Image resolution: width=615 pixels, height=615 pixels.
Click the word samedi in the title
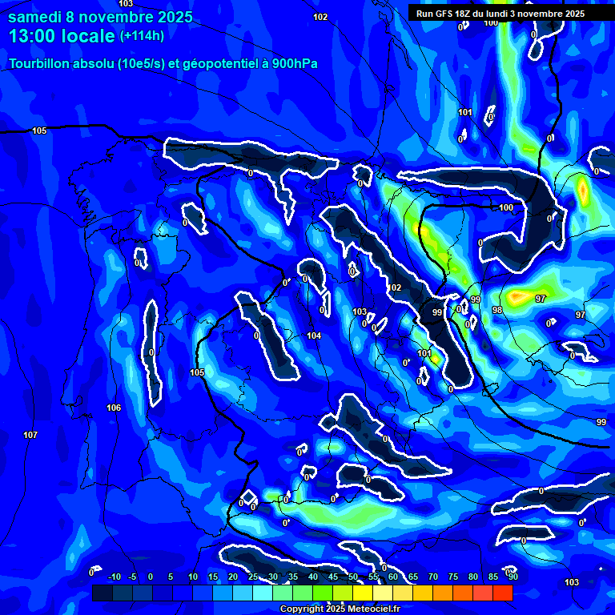(36, 17)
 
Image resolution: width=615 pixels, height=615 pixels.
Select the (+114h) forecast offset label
(142, 36)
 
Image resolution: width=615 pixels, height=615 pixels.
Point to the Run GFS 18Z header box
(500, 14)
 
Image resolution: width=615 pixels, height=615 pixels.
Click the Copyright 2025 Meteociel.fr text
(340, 609)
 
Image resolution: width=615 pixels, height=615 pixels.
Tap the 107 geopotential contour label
(30, 435)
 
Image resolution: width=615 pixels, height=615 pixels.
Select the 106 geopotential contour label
(114, 408)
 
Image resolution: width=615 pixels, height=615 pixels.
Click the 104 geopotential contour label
(314, 336)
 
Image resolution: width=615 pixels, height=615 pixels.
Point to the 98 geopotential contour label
(497, 310)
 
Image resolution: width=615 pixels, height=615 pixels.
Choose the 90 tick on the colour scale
(512, 577)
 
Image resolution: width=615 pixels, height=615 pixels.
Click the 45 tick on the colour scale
(332, 577)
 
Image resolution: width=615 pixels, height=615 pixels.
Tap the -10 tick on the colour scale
(114, 577)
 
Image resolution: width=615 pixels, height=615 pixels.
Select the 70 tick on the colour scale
(432, 577)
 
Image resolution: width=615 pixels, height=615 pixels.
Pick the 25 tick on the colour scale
(252, 577)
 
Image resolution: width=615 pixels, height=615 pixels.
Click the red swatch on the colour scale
(502, 593)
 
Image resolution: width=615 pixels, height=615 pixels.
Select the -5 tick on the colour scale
(132, 577)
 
